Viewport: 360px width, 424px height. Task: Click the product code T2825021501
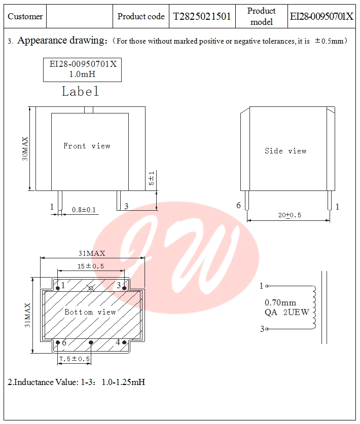(202, 17)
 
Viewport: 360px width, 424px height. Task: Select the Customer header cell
(25, 16)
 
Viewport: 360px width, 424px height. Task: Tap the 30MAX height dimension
(25, 149)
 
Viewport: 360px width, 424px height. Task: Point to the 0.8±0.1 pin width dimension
(84, 210)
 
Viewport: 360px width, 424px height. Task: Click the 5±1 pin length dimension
(151, 178)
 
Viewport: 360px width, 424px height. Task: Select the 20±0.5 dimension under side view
(290, 215)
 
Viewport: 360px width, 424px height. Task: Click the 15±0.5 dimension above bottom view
(91, 266)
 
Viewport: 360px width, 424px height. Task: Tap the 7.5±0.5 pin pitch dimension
(75, 359)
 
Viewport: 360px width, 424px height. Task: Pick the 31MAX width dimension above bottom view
(92, 253)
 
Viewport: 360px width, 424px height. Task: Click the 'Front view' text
(87, 146)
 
